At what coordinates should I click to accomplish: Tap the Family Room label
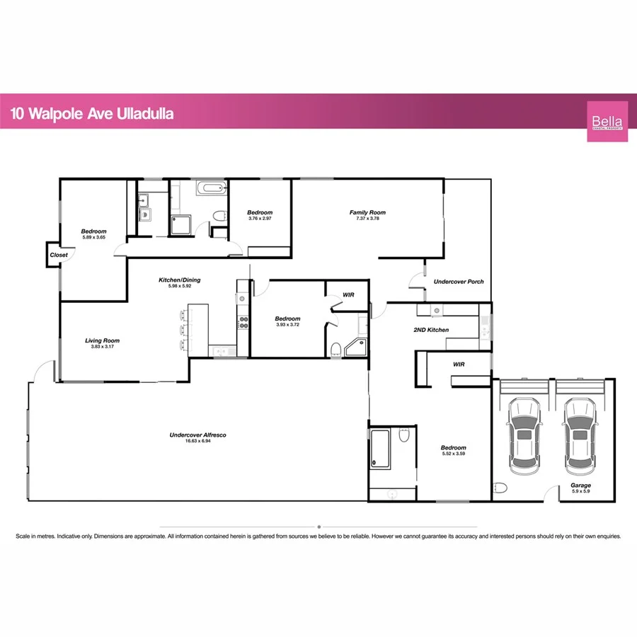(367, 212)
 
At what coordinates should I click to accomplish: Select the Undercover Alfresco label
(197, 435)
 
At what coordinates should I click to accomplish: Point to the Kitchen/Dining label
(176, 280)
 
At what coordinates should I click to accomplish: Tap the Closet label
(59, 255)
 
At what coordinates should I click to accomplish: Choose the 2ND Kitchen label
(431, 330)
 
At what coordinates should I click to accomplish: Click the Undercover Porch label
(459, 282)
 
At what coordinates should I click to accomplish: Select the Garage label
(580, 486)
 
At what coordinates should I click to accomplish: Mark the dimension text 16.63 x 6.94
(197, 441)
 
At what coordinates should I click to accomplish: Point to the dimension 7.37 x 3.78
(367, 219)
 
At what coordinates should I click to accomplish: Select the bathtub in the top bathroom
(210, 189)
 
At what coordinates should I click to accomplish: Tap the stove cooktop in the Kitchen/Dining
(243, 323)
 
